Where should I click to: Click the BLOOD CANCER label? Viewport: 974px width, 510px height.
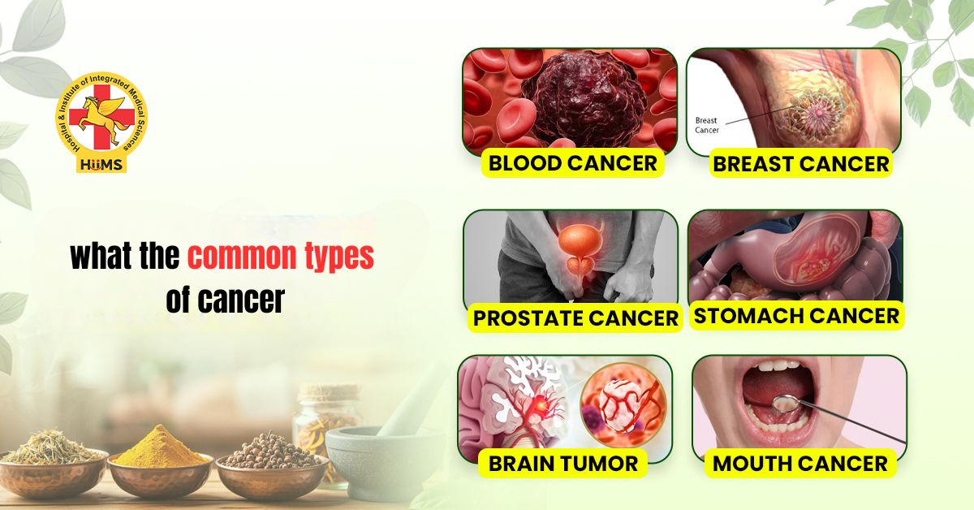click(x=573, y=162)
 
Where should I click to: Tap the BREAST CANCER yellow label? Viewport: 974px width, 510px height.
click(x=800, y=163)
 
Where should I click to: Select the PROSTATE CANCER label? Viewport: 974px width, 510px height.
click(x=575, y=318)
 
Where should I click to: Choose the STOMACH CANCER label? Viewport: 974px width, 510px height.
click(x=796, y=315)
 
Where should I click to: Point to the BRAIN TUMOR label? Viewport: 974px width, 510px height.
click(x=562, y=463)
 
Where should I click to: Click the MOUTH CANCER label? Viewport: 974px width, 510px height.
click(x=799, y=464)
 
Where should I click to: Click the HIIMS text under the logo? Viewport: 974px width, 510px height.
click(x=101, y=162)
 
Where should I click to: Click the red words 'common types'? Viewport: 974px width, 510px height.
click(x=281, y=257)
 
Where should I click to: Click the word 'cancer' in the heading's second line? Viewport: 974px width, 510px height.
click(x=241, y=300)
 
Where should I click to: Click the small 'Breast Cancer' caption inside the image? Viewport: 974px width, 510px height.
click(x=706, y=125)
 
